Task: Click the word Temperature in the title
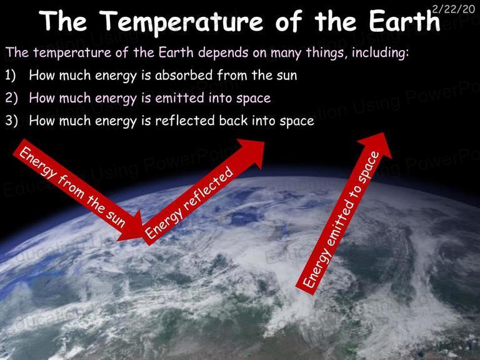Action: coord(181,22)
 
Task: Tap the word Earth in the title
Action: coord(404,21)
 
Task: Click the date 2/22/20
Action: coord(454,9)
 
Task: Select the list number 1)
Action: coord(10,75)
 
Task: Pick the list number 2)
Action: coord(11,98)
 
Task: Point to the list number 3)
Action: coord(11,121)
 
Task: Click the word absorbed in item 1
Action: coord(184,75)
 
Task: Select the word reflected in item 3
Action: coord(185,121)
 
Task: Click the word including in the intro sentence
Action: coord(380,52)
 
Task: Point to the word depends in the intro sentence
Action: coord(223,52)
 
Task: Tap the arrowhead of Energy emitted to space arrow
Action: coord(377,145)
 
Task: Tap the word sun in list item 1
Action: coord(286,76)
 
